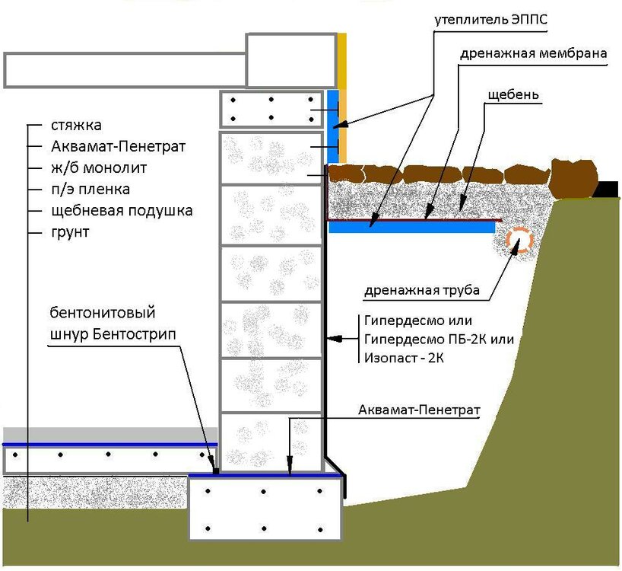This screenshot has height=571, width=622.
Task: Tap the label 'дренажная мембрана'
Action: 532,54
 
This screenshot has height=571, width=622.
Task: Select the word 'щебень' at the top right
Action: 514,95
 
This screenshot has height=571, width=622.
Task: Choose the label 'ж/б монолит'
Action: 98,167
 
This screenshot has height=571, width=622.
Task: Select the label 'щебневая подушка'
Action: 121,210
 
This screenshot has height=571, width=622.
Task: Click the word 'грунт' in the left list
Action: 70,231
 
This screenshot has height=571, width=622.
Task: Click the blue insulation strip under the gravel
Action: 411,227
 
